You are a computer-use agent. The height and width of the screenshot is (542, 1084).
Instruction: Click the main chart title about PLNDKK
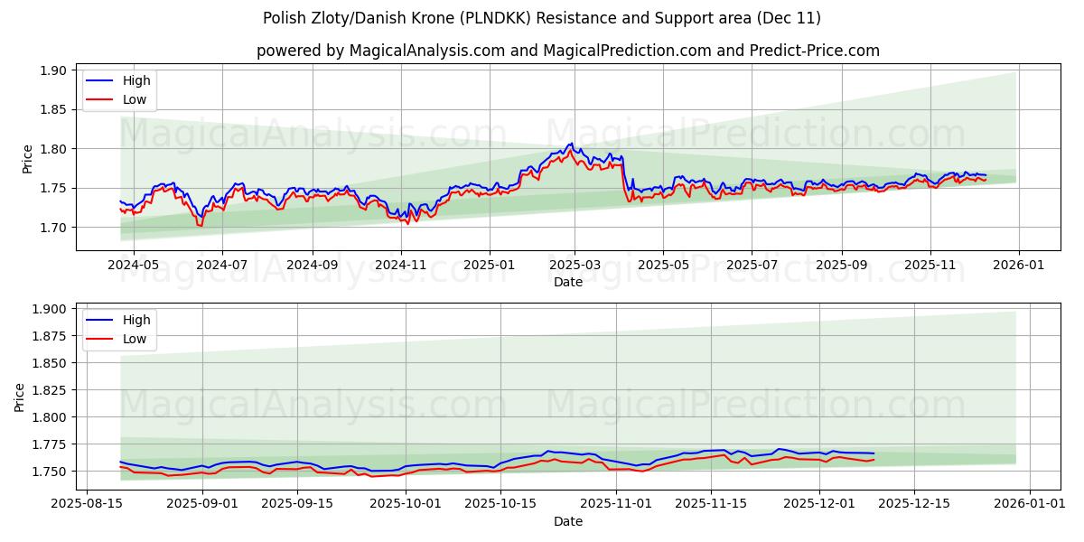[x=542, y=18]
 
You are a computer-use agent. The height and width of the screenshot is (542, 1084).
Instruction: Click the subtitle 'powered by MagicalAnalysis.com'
[x=378, y=51]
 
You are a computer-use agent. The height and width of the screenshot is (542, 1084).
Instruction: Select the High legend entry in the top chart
[x=136, y=80]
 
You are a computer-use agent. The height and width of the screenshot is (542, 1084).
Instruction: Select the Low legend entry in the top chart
[x=135, y=99]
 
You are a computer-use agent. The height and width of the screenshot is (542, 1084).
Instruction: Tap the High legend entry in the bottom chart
[x=136, y=319]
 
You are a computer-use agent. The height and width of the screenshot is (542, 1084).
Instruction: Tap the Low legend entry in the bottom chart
[x=135, y=338]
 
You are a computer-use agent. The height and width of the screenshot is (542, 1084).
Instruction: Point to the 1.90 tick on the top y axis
[x=53, y=70]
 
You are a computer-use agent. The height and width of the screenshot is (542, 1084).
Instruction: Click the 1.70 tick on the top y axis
[x=53, y=228]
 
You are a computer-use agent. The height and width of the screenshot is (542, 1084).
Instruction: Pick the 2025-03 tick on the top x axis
[x=575, y=266]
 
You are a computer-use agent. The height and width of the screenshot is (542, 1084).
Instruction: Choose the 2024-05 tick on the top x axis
[x=134, y=266]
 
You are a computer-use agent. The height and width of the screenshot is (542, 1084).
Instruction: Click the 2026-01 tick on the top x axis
[x=1019, y=266]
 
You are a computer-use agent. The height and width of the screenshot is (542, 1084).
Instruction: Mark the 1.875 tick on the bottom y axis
[x=48, y=336]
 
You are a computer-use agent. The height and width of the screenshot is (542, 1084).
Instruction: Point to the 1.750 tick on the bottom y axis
[x=48, y=472]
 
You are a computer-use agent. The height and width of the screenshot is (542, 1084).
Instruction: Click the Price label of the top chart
[x=27, y=159]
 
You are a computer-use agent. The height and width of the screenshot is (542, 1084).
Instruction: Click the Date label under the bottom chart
[x=568, y=521]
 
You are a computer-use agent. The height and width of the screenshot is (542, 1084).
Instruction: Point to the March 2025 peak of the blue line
[x=570, y=144]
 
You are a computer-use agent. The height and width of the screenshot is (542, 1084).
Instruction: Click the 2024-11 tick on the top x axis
[x=400, y=266]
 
